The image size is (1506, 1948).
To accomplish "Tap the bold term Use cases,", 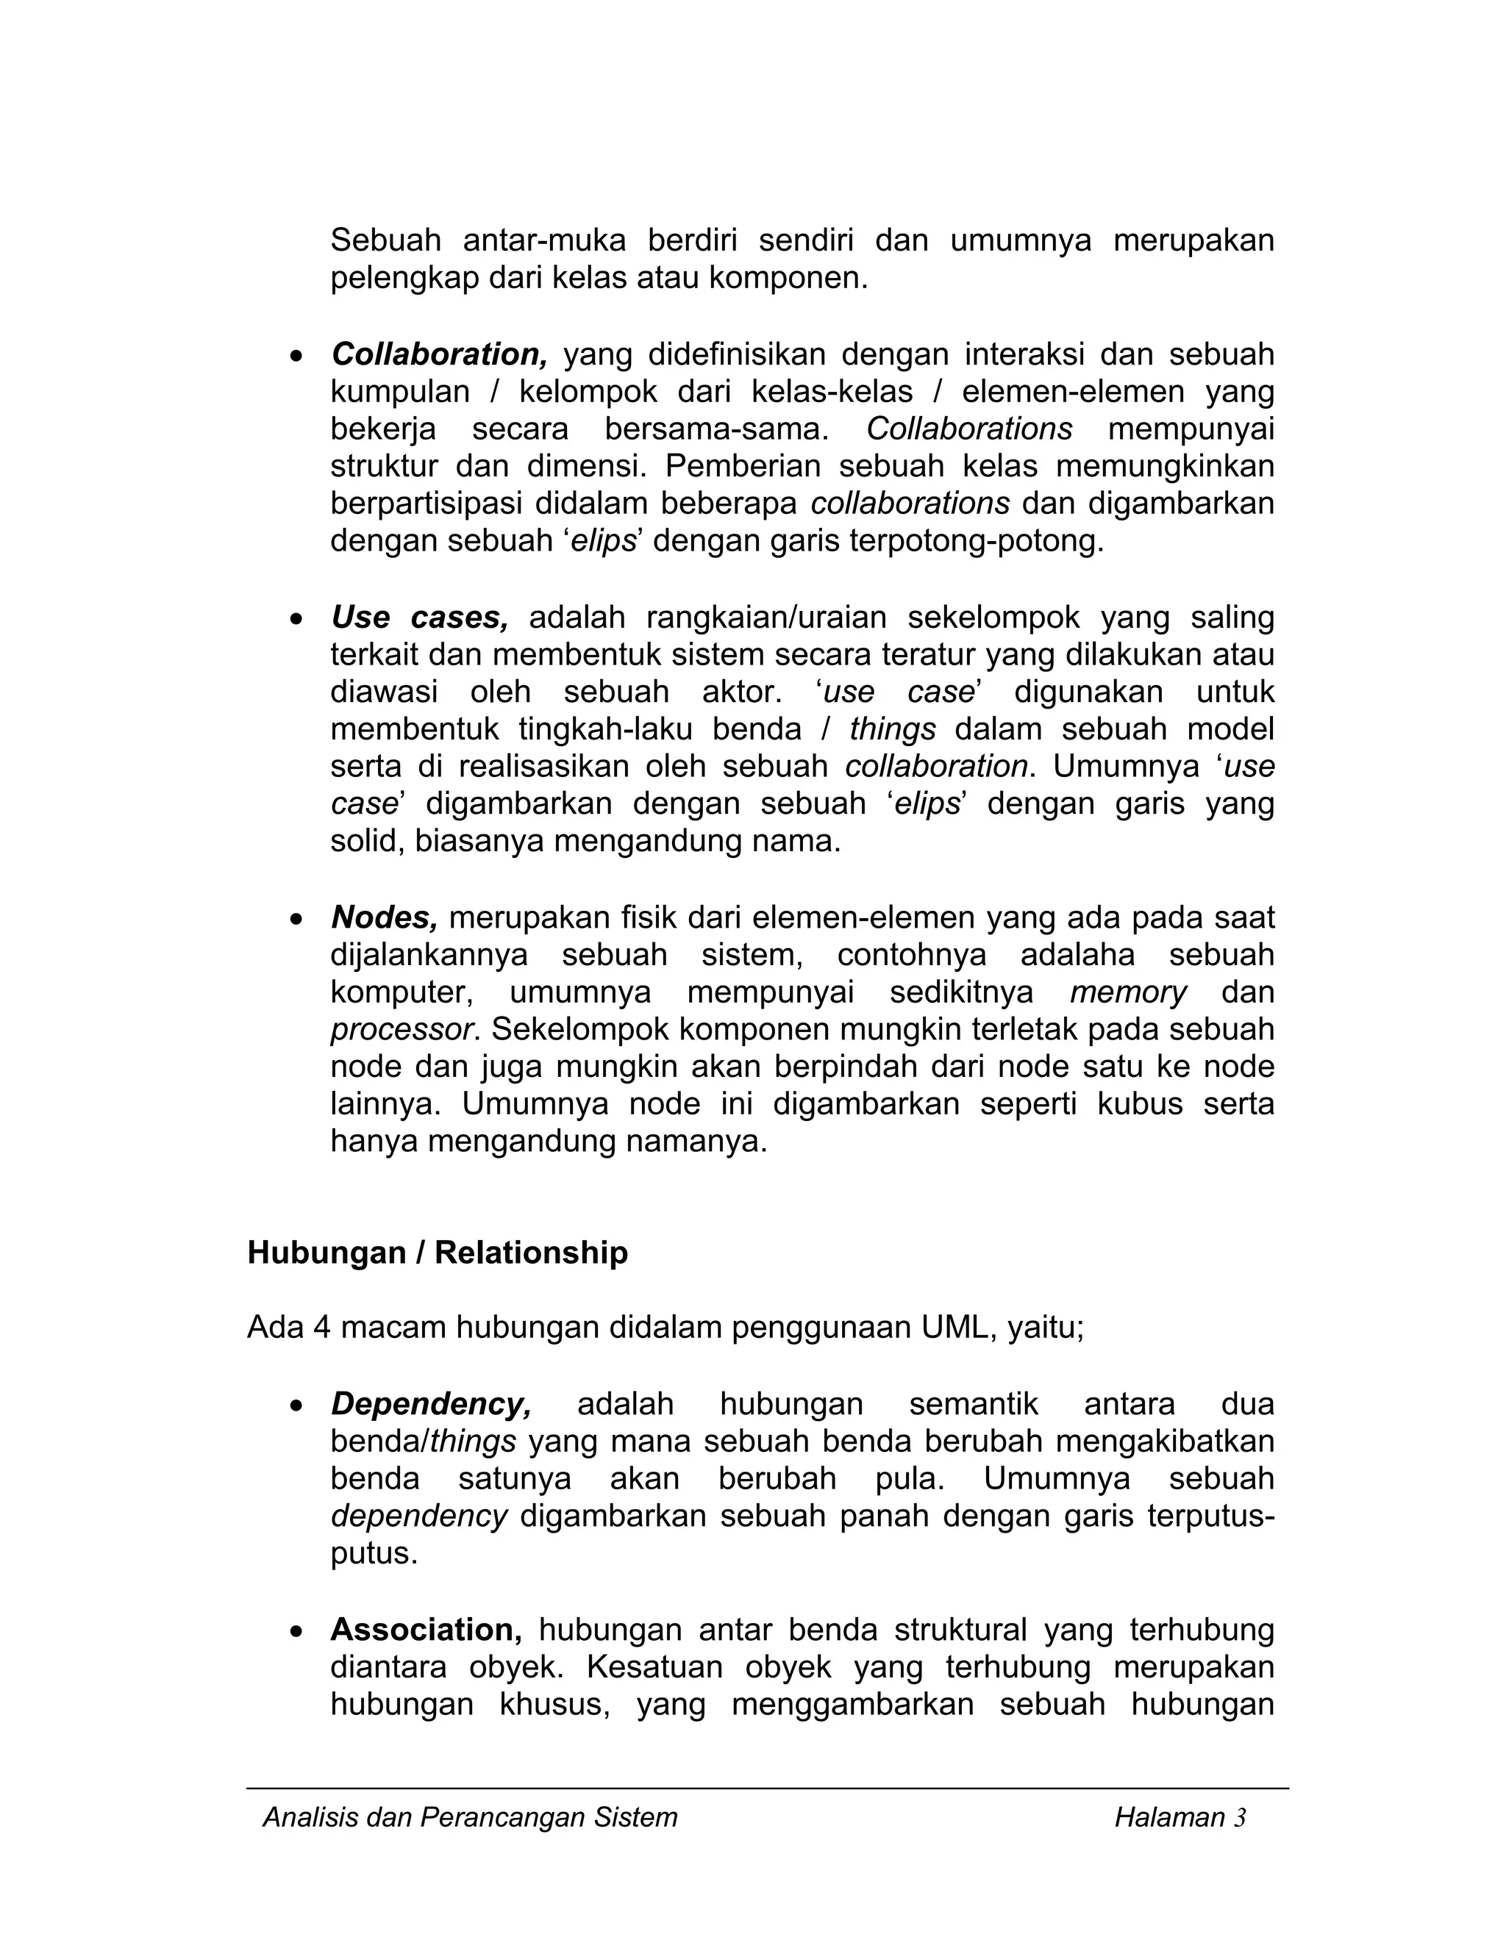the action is click(419, 617).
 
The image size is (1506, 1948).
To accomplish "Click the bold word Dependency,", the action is click(431, 1404).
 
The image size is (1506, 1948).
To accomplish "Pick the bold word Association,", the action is click(427, 1630).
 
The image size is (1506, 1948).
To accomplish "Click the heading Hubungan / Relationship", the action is click(438, 1253).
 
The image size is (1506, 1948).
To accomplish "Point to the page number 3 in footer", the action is click(1239, 1818).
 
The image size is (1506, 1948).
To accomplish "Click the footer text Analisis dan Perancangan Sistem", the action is click(470, 1818).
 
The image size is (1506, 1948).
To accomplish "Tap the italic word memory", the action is click(1129, 992).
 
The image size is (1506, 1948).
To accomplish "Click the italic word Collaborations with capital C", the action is click(969, 429).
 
